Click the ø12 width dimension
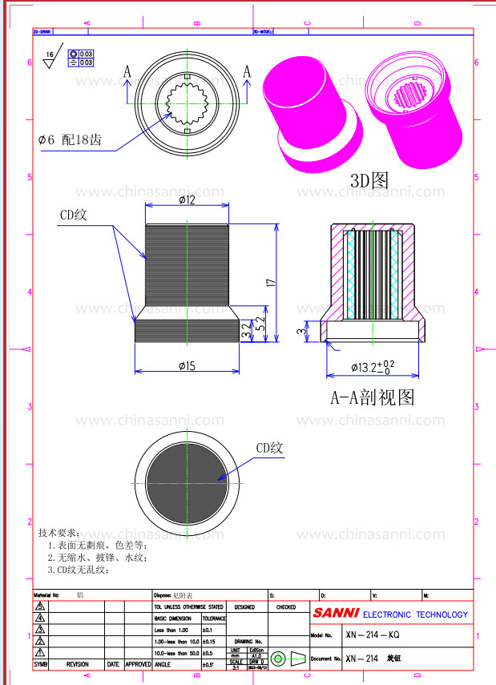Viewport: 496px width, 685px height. pos(188,199)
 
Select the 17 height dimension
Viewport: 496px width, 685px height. pos(271,282)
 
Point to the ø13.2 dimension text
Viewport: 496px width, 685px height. pos(373,367)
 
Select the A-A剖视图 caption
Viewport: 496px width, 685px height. pos(373,397)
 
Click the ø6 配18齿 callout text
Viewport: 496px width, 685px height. pos(70,139)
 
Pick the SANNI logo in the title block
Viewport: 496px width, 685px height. pos(336,614)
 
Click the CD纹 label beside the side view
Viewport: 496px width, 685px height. pos(78,215)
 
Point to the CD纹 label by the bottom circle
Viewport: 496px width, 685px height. pos(269,449)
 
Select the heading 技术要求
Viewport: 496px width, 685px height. pos(58,532)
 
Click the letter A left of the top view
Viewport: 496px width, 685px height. pos(127,72)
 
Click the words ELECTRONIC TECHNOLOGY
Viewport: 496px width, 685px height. pos(415,614)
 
